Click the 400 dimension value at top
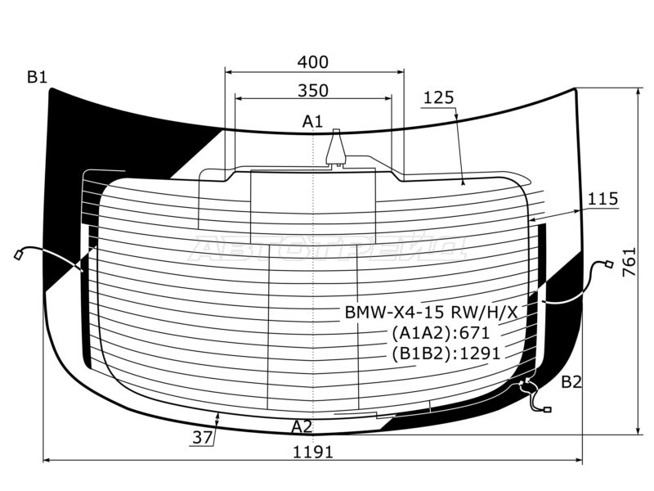pos(313,62)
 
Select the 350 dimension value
pos(313,90)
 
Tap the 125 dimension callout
pos(438,98)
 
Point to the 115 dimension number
pos(602,199)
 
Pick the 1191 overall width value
pos(313,452)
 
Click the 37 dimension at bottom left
pos(202,438)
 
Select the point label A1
pos(312,122)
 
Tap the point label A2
pos(302,426)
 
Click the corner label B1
pos(37,78)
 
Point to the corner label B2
pos(571,382)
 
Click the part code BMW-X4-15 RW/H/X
pos(430,313)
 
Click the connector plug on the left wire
pos(17,255)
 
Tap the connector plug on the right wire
pos(607,264)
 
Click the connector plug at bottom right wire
pos(547,409)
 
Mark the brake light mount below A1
pos(336,151)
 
